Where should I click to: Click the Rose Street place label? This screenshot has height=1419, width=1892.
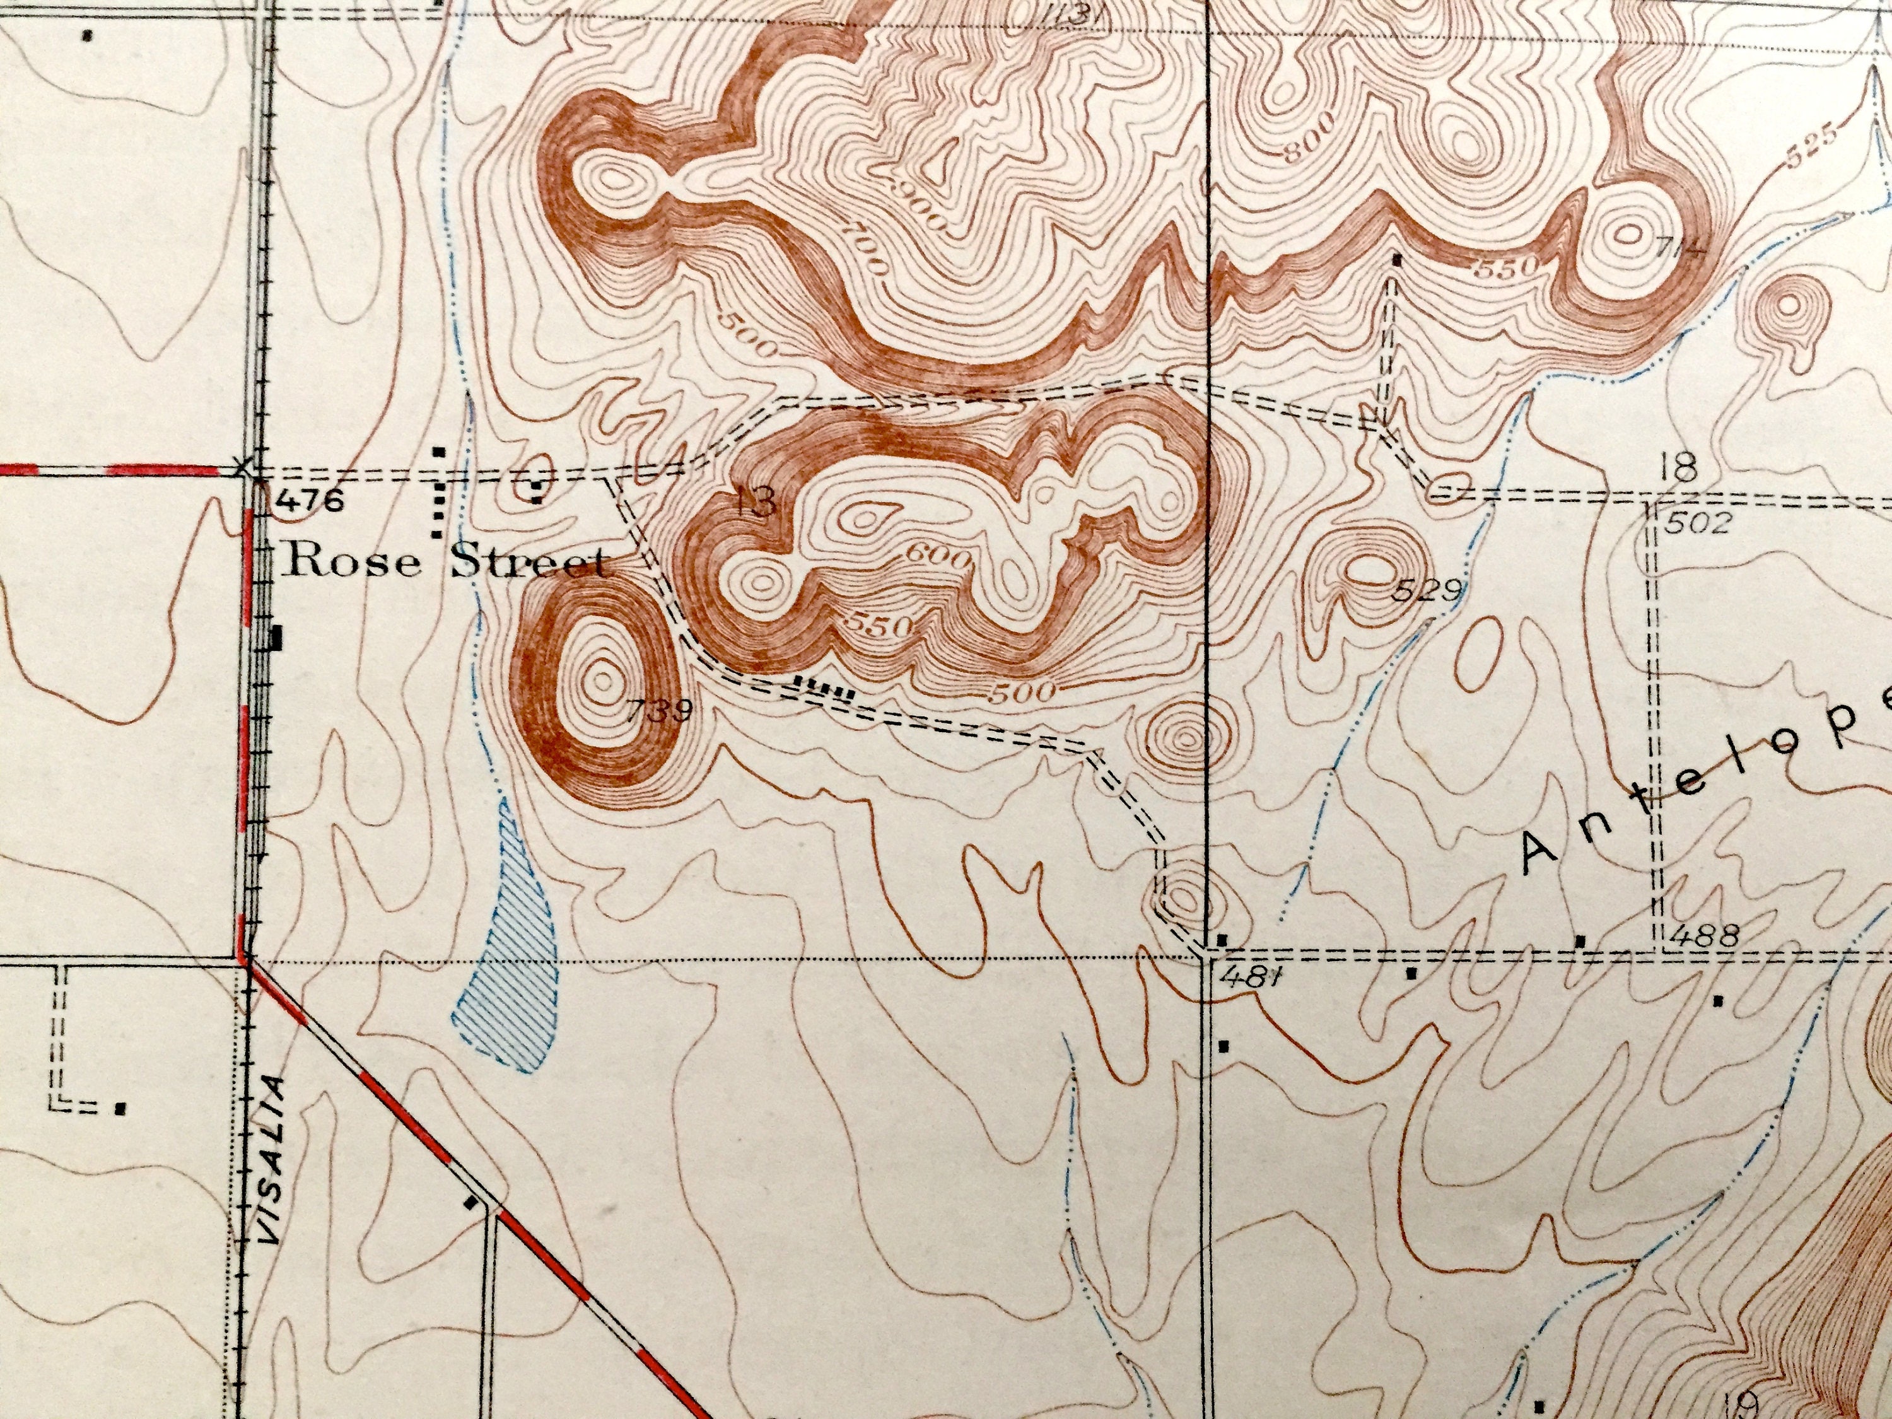tap(445, 562)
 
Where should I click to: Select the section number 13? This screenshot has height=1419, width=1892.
tap(756, 502)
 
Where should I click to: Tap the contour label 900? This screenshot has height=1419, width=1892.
tap(918, 205)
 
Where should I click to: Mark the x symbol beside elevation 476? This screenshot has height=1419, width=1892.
tap(245, 468)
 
